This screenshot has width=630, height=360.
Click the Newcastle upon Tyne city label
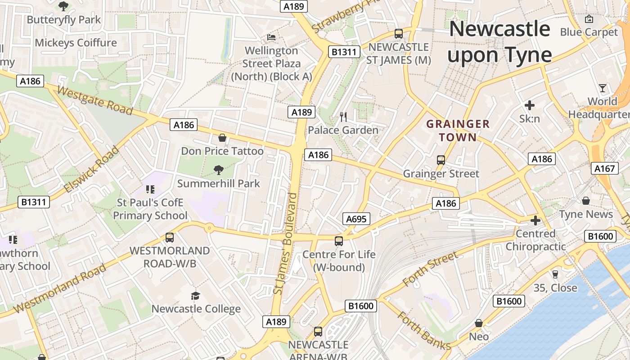coord(499,42)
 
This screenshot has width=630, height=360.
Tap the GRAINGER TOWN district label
coord(458,130)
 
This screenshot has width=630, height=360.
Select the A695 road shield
coord(356,219)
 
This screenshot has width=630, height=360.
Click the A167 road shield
coord(604,169)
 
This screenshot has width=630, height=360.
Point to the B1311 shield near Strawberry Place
coord(344,52)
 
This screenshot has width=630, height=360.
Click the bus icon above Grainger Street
coord(441,160)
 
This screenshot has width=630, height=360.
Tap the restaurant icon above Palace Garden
coord(343,117)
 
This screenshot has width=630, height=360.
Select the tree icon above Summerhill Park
coord(218,170)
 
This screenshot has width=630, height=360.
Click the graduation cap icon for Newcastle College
coord(195,296)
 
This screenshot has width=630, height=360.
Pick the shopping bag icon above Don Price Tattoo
coord(222,137)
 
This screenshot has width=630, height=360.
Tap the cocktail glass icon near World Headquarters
coord(603,88)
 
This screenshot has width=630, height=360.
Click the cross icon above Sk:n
coord(530,106)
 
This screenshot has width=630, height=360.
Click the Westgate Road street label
coord(95,101)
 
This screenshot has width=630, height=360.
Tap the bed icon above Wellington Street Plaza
coord(271,37)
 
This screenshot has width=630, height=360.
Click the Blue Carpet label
coord(589,32)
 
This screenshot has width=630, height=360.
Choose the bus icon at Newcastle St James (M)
coord(398,33)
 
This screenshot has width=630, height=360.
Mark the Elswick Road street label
coord(91,169)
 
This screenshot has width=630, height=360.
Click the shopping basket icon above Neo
coord(479,323)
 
